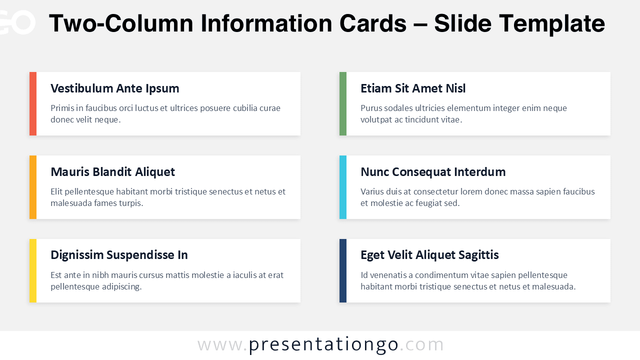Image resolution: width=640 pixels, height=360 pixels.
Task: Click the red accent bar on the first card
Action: tap(33, 103)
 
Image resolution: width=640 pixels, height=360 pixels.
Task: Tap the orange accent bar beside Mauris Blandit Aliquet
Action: tap(33, 187)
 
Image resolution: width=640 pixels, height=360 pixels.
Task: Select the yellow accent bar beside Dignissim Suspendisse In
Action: tap(33, 270)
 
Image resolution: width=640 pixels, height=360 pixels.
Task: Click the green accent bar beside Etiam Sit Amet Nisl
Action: tap(343, 103)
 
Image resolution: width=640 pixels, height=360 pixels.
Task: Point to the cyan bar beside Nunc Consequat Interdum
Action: tap(343, 187)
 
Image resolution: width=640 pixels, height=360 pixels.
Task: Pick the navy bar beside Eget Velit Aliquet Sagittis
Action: tap(343, 270)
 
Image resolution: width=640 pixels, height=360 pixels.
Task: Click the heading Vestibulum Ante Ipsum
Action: tap(114, 88)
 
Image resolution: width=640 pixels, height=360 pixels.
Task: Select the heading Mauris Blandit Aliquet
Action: tap(112, 172)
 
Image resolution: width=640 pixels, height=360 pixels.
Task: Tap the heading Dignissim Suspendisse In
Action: tap(119, 255)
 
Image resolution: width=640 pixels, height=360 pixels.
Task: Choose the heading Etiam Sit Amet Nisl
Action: tap(413, 88)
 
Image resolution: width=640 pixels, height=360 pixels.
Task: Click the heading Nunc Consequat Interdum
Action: tap(433, 172)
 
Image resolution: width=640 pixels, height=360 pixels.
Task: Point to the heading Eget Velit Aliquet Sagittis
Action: tap(429, 255)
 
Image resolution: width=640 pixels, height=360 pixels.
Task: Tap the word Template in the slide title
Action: tap(552, 23)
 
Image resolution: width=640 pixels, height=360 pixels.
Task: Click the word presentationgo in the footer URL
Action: tap(323, 344)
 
